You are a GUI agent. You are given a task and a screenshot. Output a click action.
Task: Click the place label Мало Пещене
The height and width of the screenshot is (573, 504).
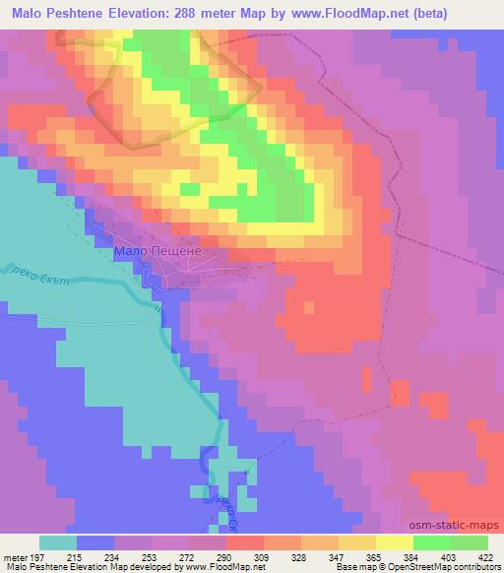pyautogui.click(x=158, y=252)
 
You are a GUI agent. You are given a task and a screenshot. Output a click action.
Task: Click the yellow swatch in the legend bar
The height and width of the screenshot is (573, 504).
pyautogui.click(x=394, y=542)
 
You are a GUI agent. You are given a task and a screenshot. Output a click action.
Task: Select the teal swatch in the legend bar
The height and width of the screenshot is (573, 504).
pyautogui.click(x=58, y=542)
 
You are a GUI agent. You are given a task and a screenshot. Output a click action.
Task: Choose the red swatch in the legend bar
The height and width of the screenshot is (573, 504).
pyautogui.click(x=244, y=542)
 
